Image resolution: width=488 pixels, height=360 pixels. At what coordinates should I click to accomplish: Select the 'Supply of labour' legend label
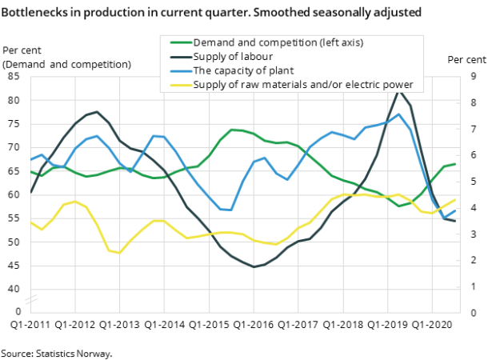pos(233,56)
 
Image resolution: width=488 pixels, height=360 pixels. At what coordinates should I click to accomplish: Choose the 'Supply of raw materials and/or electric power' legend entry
pos(302,85)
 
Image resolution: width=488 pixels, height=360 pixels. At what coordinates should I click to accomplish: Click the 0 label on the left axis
pos(18,310)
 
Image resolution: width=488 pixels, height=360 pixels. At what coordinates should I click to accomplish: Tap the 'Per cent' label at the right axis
pos(466,60)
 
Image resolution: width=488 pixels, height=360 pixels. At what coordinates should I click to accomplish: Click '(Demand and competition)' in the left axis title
pos(67,64)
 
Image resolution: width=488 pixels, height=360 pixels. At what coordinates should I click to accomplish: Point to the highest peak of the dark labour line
pos(399,91)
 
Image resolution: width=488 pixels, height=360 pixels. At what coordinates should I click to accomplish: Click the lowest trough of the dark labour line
pos(254,266)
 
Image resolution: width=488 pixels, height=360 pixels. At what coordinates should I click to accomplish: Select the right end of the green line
pos(455,164)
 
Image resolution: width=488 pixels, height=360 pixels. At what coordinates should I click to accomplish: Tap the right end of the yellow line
pos(455,200)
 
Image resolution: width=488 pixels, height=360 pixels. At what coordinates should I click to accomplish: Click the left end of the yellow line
pos(31,222)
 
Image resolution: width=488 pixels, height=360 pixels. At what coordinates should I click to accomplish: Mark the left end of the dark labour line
pos(31,193)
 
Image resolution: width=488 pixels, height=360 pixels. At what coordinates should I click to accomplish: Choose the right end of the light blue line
pos(455,211)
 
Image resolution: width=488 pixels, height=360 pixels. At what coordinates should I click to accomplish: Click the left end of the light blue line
pos(31,160)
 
